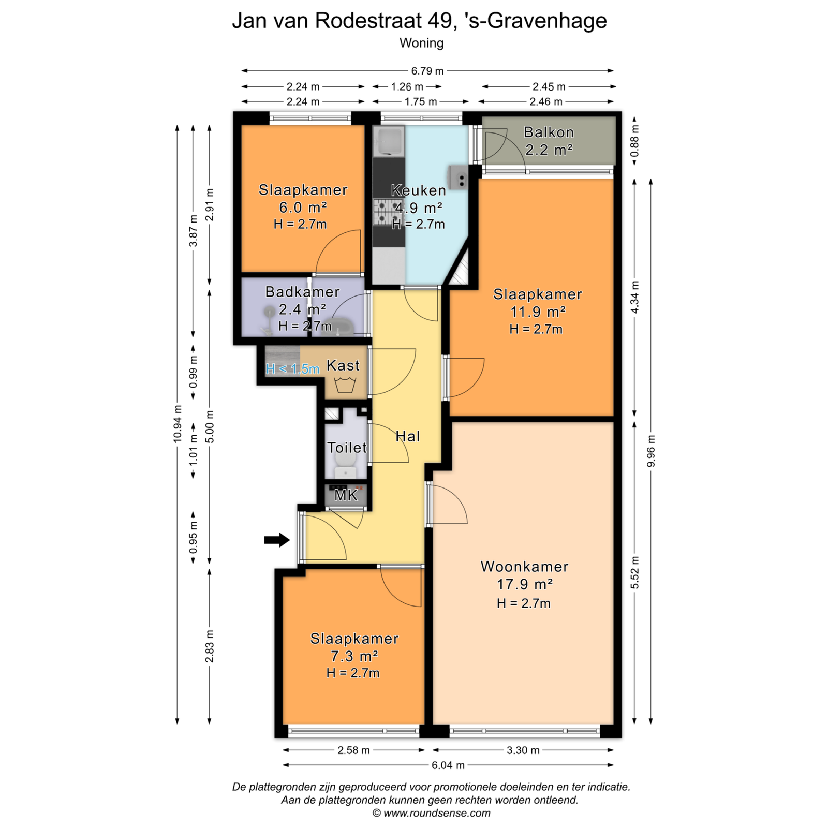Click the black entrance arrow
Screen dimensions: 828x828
277,540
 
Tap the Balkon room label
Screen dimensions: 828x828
549,132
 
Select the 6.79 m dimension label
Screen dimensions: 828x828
427,71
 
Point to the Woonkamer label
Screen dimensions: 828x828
524,567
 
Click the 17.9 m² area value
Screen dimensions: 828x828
525,584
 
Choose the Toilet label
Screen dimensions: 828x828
347,448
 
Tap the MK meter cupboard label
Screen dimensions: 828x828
346,495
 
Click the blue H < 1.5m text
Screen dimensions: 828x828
292,369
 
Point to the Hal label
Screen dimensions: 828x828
407,436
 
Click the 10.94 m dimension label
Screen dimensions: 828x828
178,423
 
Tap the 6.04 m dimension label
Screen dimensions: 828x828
448,765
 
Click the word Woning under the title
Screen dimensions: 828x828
421,43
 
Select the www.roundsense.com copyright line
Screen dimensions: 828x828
432,813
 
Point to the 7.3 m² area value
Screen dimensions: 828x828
354,656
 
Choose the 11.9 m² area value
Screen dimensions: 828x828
538,312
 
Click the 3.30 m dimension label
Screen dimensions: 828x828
523,750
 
